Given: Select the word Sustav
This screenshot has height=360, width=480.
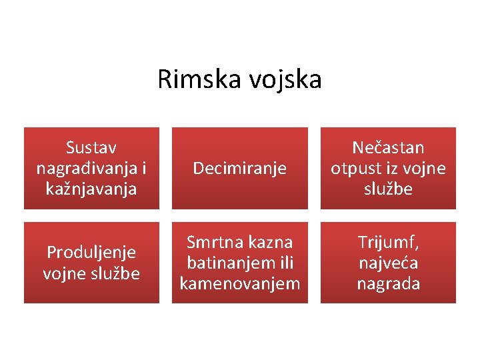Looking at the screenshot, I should coord(91,147).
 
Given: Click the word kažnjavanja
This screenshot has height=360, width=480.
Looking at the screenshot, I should coord(91,189).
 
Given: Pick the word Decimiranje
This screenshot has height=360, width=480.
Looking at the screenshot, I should coord(240,168).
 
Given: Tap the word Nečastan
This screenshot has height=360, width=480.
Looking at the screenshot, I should coord(388,147).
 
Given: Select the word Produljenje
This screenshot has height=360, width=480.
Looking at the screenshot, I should coord(91,252).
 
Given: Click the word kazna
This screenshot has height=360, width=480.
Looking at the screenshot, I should coord(269,241).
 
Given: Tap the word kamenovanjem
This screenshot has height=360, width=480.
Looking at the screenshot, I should coord(240,284).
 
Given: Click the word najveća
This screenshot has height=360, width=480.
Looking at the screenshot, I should coord(388,263).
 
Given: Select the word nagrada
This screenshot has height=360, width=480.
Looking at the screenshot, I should coord(388,284).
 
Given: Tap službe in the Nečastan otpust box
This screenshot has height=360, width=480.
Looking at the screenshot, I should coord(388,189).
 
